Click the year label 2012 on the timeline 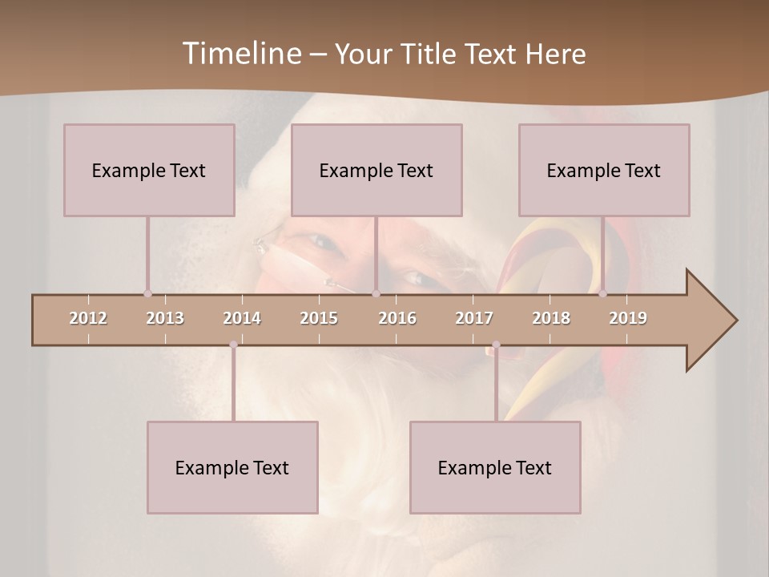click(x=88, y=318)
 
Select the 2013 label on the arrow click(x=165, y=318)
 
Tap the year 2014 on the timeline click(x=242, y=318)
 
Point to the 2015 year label click(x=319, y=318)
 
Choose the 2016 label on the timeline click(x=397, y=318)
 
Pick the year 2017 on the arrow click(x=474, y=318)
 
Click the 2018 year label click(x=551, y=318)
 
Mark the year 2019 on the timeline click(x=628, y=318)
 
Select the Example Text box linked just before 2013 click(x=149, y=170)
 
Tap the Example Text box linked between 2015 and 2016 click(x=376, y=170)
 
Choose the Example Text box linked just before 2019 click(x=604, y=170)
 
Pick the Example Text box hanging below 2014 click(x=232, y=467)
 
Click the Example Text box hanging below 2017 click(x=495, y=467)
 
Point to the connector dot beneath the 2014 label click(x=233, y=345)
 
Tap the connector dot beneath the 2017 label click(x=496, y=345)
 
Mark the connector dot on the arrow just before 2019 click(x=603, y=293)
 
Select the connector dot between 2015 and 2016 click(x=376, y=293)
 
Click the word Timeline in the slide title click(x=241, y=53)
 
